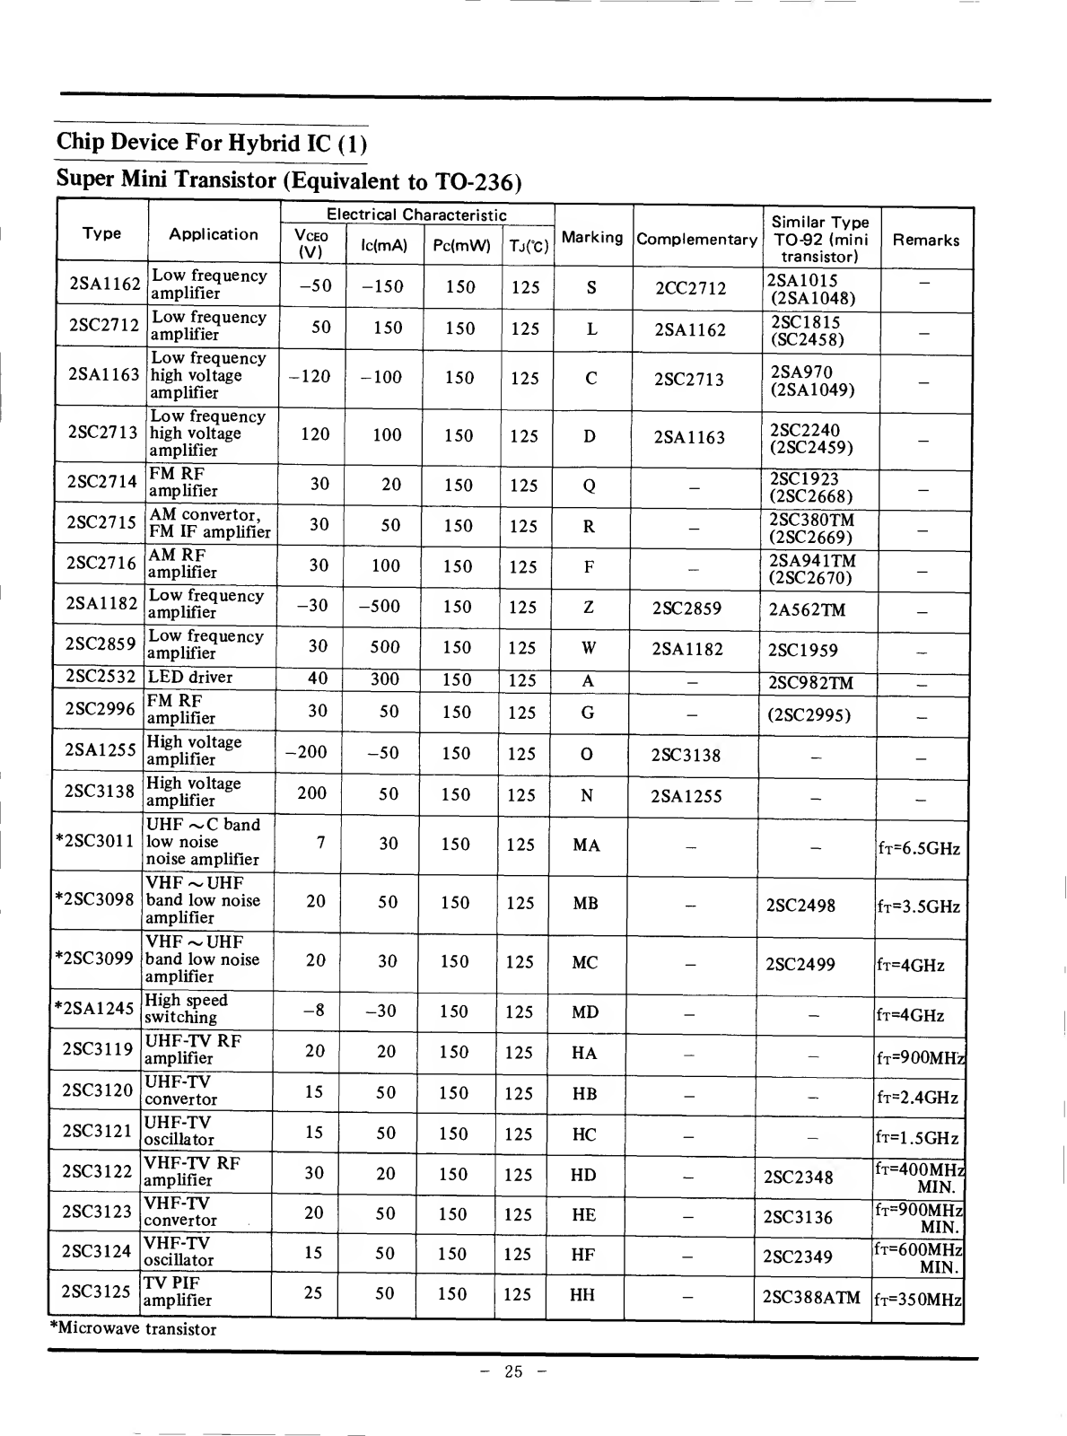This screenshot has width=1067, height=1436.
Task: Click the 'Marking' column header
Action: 591,238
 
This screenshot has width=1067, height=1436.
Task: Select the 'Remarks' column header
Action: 925,240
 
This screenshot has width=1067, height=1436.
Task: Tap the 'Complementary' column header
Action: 696,240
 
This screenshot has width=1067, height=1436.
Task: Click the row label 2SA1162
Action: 104,285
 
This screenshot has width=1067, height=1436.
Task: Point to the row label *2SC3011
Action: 94,841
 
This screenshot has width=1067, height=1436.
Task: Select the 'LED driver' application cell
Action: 190,678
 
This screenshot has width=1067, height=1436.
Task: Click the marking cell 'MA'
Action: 586,845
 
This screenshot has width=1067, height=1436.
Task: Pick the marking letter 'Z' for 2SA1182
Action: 589,608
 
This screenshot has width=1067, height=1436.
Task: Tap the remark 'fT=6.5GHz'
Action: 919,848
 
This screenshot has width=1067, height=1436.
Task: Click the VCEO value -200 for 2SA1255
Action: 306,752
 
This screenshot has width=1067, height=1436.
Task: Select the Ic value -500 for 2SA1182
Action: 379,606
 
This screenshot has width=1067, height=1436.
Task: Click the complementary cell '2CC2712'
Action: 690,288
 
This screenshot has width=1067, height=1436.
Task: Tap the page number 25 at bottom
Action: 513,1371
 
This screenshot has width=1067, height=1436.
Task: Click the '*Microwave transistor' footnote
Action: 133,1329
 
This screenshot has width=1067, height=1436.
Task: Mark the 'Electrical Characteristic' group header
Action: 416,215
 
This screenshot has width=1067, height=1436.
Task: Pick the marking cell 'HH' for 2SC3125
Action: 582,1295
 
